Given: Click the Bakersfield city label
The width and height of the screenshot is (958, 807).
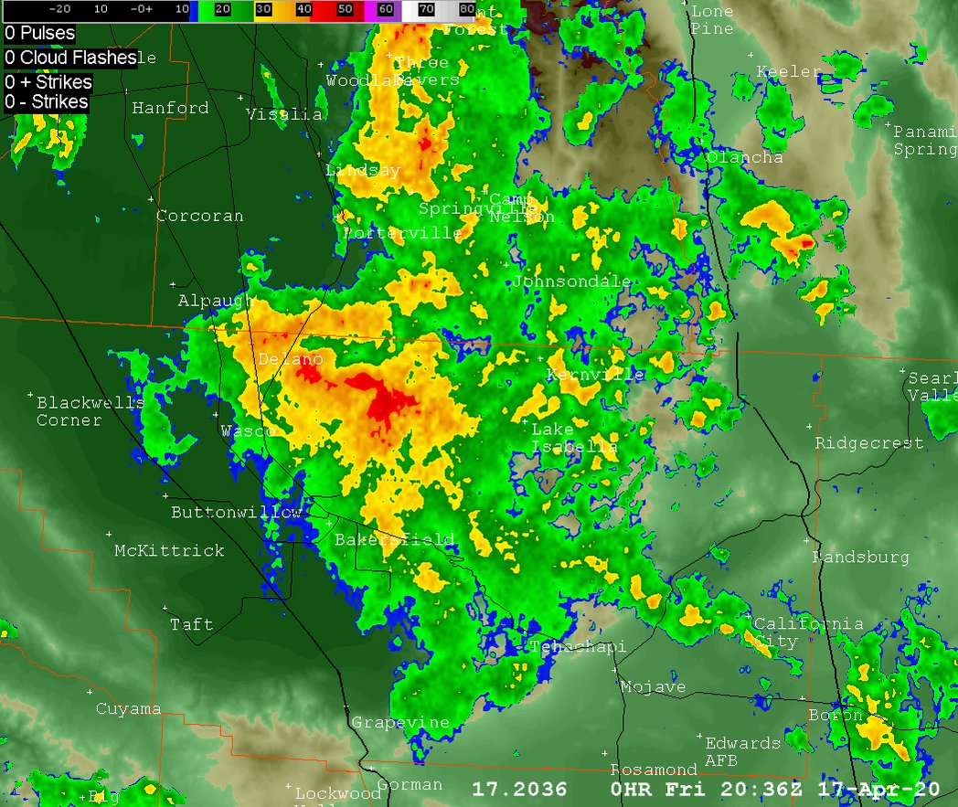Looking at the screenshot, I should point(394,539).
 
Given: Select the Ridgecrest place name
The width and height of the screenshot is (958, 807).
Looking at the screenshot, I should point(869,443).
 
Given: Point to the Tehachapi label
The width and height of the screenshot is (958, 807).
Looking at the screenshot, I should point(578,647).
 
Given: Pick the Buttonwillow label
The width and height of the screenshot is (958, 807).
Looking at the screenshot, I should point(236,512).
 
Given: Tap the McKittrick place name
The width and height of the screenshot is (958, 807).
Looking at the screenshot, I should point(169,550).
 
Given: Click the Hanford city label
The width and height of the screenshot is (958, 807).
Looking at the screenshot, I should point(170,108).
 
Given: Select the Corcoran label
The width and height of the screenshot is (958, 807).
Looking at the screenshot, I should point(200,217).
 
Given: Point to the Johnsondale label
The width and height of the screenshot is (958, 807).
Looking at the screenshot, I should point(570,281).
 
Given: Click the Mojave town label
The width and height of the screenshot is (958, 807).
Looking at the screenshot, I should point(653,686).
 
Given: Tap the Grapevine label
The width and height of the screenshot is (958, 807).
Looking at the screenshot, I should point(400,722).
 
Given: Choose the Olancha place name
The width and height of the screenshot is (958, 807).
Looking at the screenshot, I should point(744,157).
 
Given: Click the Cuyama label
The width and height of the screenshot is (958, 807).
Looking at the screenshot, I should point(129,708).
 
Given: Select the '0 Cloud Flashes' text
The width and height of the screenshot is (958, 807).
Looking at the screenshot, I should point(70,58).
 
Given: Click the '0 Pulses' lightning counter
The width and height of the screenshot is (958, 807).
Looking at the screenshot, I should point(39,33).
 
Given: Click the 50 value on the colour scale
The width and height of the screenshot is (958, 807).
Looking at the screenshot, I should point(345,8).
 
